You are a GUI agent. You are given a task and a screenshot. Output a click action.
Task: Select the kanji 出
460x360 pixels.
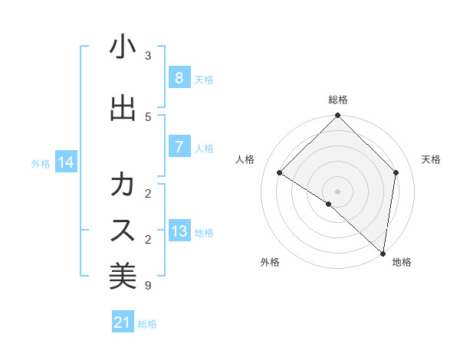click(123, 108)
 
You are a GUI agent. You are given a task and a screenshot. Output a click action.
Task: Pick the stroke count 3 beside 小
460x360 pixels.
click(148, 55)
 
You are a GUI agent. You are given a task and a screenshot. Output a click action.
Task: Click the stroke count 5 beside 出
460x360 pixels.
click(148, 116)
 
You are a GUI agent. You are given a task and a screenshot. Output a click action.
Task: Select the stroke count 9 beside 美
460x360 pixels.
click(148, 286)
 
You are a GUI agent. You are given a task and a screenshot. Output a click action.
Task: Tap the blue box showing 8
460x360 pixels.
click(179, 77)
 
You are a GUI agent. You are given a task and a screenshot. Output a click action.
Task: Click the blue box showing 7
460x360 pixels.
click(179, 147)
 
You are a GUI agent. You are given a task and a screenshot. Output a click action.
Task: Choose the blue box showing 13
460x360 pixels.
click(179, 231)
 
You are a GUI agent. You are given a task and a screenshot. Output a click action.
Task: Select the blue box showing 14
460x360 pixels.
click(66, 162)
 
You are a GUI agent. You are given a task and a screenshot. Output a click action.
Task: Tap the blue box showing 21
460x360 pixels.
click(123, 322)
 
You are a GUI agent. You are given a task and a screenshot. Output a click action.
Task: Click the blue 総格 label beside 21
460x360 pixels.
click(147, 324)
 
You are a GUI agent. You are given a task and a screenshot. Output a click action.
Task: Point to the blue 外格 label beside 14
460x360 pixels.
click(41, 163)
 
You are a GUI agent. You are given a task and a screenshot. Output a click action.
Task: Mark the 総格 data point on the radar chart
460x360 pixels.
click(337, 116)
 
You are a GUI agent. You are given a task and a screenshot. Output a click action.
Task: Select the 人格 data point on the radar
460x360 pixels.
click(280, 173)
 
